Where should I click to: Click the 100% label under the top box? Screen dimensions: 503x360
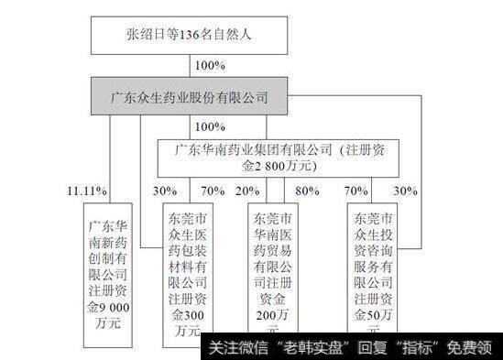click(211, 65)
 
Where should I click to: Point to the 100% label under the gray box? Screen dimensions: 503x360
click(211, 126)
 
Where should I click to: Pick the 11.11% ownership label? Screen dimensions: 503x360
click(87, 191)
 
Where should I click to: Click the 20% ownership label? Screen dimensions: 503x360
click(246, 191)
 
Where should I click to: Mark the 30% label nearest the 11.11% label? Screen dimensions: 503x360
click(165, 191)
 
